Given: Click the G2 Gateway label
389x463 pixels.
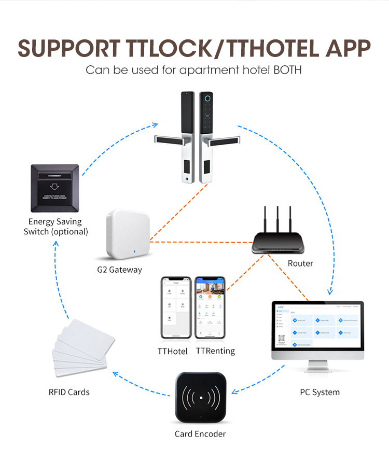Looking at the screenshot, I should (119, 270).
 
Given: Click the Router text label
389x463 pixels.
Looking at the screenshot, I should (300, 263).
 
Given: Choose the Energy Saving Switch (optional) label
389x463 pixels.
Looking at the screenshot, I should (55, 227).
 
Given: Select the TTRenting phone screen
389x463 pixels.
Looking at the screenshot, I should (210, 307).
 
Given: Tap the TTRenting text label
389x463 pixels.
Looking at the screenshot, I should (215, 351).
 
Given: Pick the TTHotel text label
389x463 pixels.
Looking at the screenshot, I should (172, 351).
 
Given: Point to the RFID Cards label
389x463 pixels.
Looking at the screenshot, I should (69, 392).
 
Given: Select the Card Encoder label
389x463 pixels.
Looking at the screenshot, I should (200, 433).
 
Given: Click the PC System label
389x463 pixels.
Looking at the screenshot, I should (319, 392).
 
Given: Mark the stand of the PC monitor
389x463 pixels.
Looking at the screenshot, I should (318, 368).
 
